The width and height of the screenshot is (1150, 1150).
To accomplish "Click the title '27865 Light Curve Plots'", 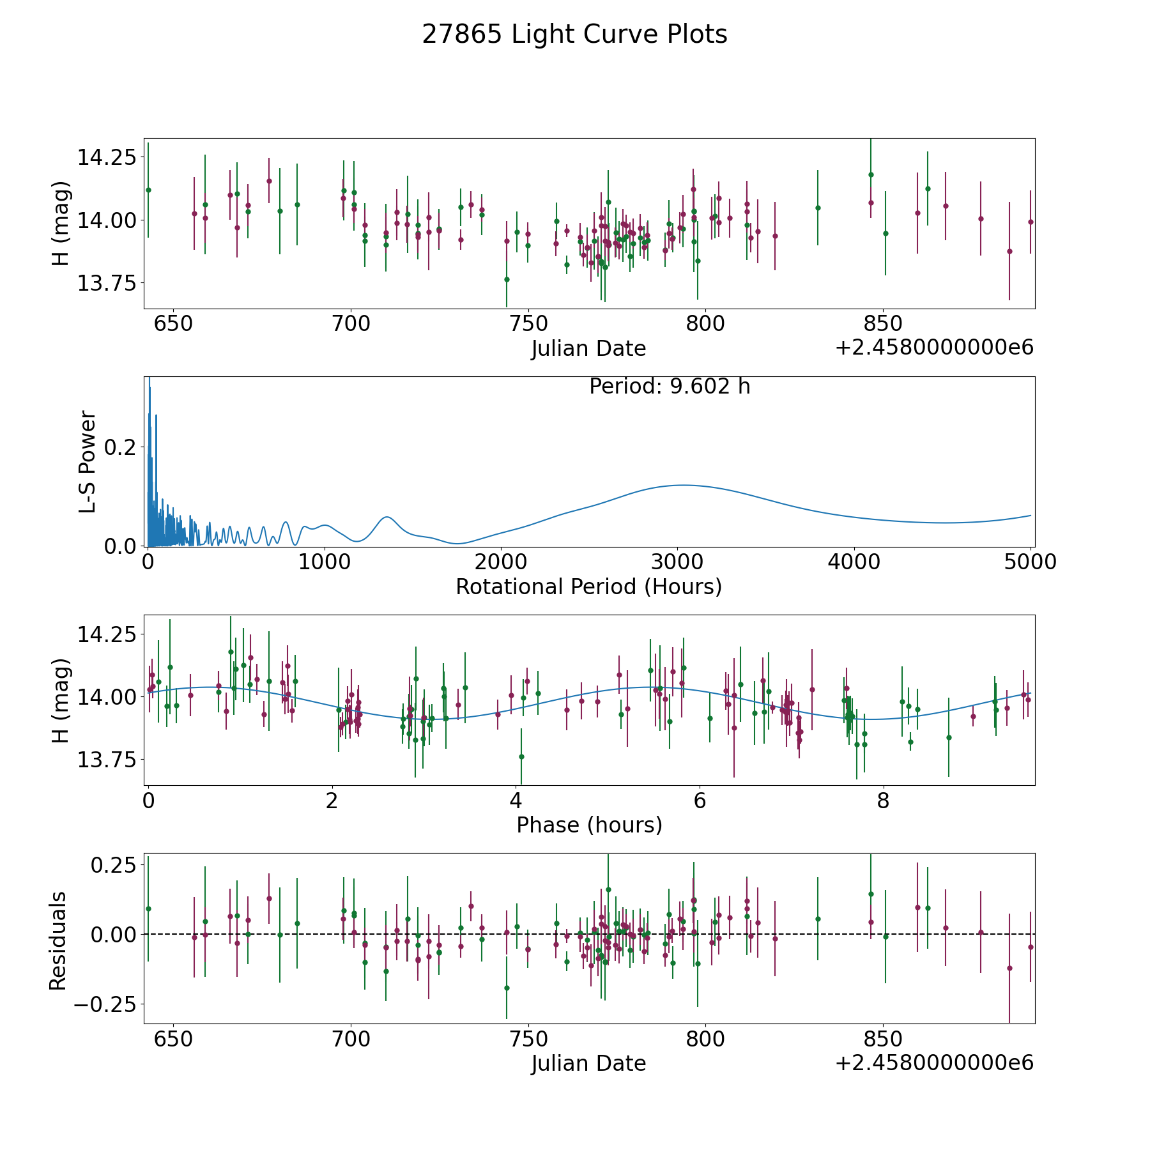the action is point(574,34).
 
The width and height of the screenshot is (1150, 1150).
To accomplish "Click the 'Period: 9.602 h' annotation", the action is point(670,387).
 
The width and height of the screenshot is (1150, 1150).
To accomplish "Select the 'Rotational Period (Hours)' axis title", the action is point(588,586).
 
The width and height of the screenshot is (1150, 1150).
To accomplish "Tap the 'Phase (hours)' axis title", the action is point(589,825).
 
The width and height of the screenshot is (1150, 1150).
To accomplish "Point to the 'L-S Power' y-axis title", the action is point(88,462).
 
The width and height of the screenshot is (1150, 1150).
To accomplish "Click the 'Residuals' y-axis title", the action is point(58,940).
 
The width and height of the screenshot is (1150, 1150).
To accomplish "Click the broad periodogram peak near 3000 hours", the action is point(682,486).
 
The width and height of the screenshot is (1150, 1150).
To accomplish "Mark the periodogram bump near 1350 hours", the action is point(387,517).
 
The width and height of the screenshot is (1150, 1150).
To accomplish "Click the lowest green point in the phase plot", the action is point(521,756).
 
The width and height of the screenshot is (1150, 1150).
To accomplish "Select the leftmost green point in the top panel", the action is point(148,190).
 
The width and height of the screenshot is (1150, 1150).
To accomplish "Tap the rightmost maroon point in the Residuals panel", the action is point(1031,947).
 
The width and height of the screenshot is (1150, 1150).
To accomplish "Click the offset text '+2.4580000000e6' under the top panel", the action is point(934,348).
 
